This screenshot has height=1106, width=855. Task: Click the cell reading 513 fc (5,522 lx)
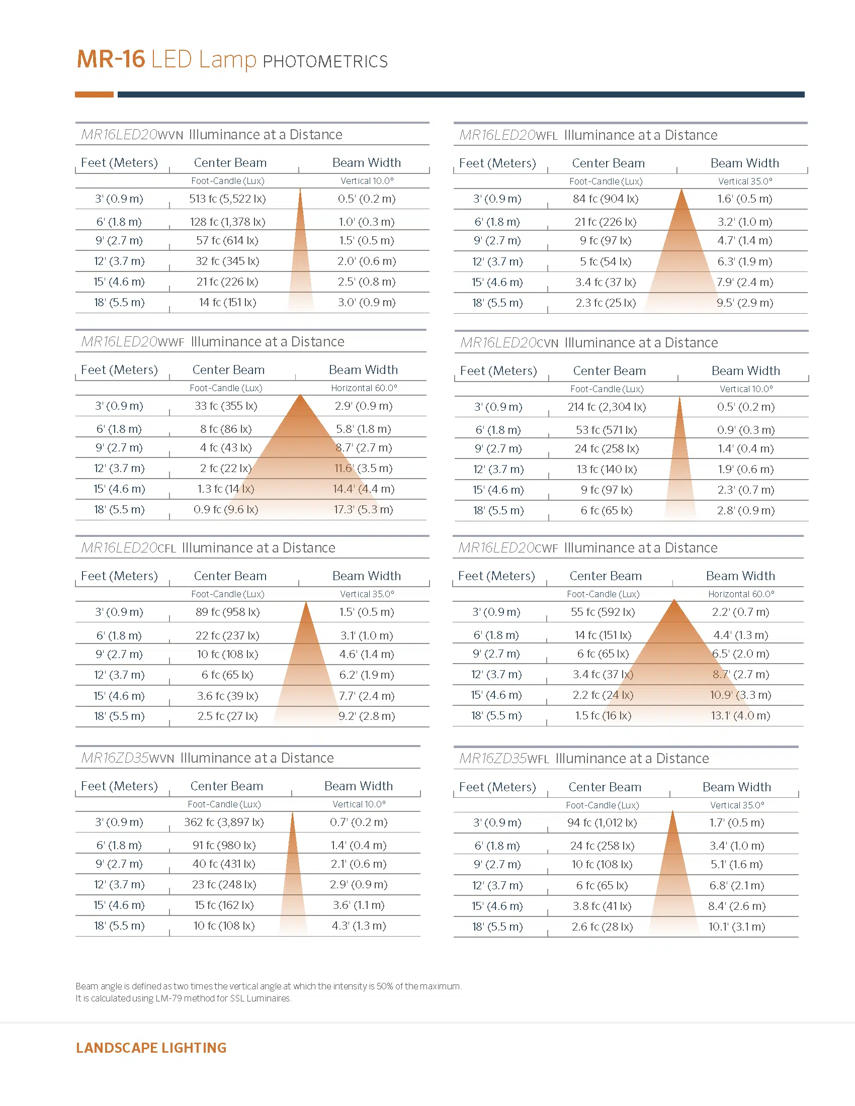click(x=227, y=199)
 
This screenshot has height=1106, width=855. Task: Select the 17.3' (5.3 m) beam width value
click(x=363, y=509)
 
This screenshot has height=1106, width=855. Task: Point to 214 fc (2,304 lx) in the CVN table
click(x=607, y=407)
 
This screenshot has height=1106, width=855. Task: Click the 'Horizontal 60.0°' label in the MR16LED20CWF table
click(x=741, y=594)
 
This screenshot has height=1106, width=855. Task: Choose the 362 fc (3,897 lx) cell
click(x=224, y=822)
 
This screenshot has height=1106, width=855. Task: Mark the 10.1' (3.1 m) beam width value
click(x=736, y=927)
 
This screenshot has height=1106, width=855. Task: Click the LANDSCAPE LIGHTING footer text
click(x=151, y=1048)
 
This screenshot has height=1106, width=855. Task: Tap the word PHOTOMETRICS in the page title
click(x=325, y=61)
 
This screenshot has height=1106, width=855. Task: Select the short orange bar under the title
click(x=94, y=94)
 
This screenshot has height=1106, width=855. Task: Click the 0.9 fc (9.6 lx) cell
click(x=226, y=509)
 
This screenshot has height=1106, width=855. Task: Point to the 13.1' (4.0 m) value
click(x=740, y=715)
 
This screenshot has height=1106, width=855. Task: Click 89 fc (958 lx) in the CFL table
click(x=227, y=612)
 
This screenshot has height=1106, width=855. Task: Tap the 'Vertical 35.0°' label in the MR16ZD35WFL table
click(x=737, y=805)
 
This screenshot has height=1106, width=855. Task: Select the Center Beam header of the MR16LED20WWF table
click(x=228, y=370)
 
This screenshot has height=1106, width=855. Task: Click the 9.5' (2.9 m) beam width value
click(x=744, y=303)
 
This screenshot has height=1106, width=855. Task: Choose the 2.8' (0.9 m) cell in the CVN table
click(x=745, y=510)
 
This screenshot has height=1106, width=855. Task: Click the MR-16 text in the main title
click(x=111, y=59)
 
